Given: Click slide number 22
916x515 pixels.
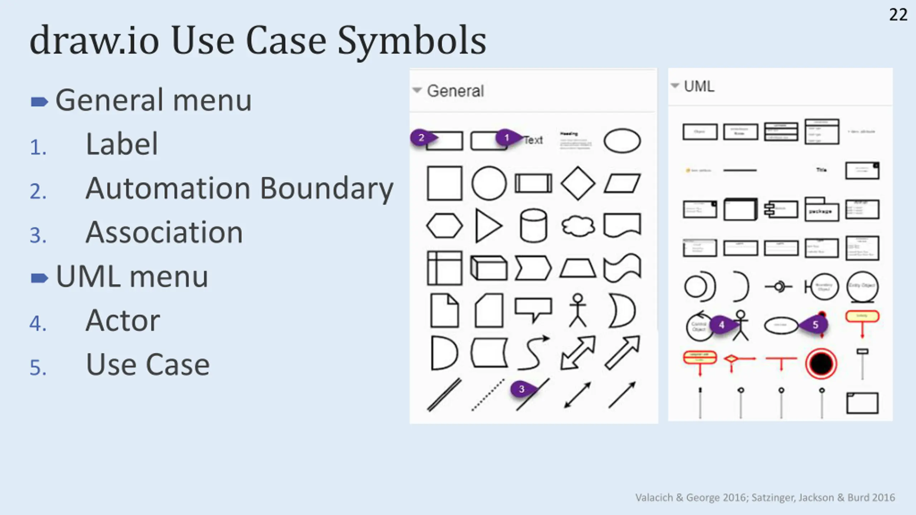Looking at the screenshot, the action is tap(898, 15).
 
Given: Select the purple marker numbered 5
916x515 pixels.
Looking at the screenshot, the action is tap(815, 325).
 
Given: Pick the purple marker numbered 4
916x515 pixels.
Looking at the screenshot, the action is tap(722, 325).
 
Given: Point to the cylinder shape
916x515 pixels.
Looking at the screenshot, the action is tap(533, 226).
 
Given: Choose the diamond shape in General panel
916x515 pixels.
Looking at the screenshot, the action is tap(578, 183).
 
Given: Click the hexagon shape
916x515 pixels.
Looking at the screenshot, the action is tap(444, 226).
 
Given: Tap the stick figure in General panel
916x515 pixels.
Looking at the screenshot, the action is tap(578, 310).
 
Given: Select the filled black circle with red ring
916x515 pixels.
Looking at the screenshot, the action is tap(821, 363).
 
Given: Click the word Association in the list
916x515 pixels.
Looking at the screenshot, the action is tap(164, 233).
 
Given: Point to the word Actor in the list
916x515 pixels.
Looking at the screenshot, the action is tap(123, 321).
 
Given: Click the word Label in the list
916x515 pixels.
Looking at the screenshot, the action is tap(122, 144).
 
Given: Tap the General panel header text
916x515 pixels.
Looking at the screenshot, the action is tap(455, 91).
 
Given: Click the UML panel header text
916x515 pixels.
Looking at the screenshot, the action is tap(699, 87).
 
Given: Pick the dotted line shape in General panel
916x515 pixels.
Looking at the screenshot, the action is tap(488, 395).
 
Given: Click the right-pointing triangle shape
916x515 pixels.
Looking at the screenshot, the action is tap(488, 226).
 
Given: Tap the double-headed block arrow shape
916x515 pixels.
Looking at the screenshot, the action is tap(578, 353).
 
